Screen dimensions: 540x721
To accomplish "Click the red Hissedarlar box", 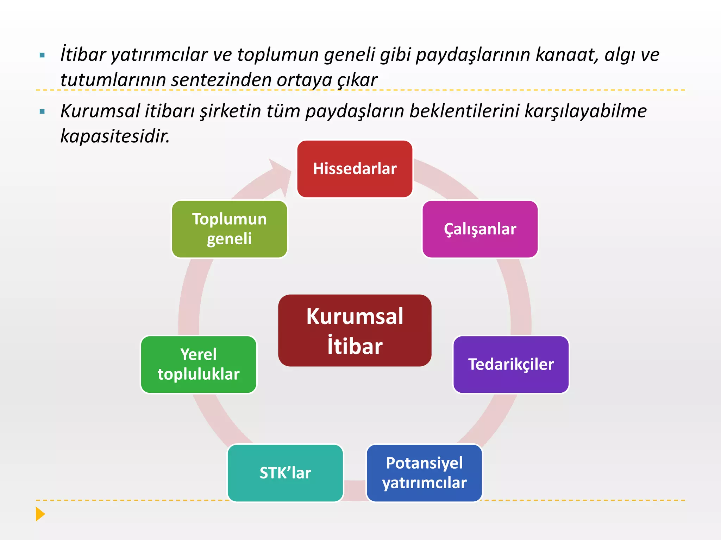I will (355, 169).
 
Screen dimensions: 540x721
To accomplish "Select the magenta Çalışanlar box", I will (480, 229).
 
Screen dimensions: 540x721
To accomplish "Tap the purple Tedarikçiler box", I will (511, 365).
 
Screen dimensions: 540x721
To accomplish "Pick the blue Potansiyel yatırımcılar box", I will (424, 473).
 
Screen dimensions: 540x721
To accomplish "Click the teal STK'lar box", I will (285, 473).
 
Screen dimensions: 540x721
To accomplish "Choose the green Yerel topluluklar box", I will (199, 365).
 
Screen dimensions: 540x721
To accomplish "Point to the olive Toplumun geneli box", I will (229, 229).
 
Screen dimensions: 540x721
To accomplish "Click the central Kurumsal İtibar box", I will (355, 330).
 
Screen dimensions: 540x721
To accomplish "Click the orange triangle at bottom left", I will (40, 514).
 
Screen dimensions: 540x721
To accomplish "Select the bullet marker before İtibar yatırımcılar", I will (43, 55).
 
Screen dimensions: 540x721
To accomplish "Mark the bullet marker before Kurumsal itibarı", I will (43, 112).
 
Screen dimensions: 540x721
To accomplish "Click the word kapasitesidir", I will (115, 136).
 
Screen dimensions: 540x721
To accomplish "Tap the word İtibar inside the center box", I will (355, 346).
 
